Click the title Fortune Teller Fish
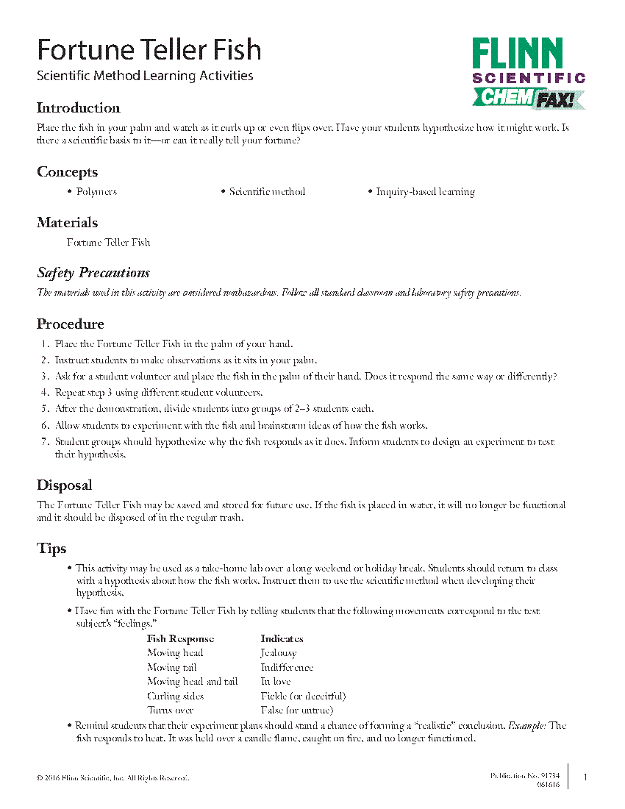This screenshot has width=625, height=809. click(149, 50)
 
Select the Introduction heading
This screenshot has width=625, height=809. click(78, 108)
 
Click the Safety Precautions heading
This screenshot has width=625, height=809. click(93, 273)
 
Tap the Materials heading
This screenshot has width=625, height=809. click(67, 223)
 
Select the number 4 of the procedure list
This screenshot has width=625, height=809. click(45, 393)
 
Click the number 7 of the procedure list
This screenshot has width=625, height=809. click(45, 442)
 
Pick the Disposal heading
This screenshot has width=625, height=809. click(65, 485)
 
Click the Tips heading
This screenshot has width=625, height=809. click(51, 549)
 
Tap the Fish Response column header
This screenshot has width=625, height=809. click(180, 639)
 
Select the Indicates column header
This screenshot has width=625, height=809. click(282, 639)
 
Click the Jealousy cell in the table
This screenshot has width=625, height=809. click(279, 653)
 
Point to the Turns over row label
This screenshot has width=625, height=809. click(170, 710)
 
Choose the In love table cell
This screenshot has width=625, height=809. click(276, 682)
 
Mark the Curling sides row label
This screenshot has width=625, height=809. click(175, 696)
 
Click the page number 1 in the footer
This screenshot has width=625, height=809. click(585, 777)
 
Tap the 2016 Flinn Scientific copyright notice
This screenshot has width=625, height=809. click(113, 777)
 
